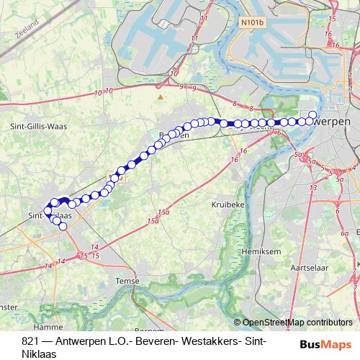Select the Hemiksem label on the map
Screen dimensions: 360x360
coord(262,252)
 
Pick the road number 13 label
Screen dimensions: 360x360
coord(313,189)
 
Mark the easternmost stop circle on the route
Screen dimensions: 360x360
coord(312,114)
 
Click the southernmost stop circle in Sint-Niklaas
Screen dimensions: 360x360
coord(63,227)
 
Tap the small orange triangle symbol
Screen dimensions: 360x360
coord(160,94)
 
